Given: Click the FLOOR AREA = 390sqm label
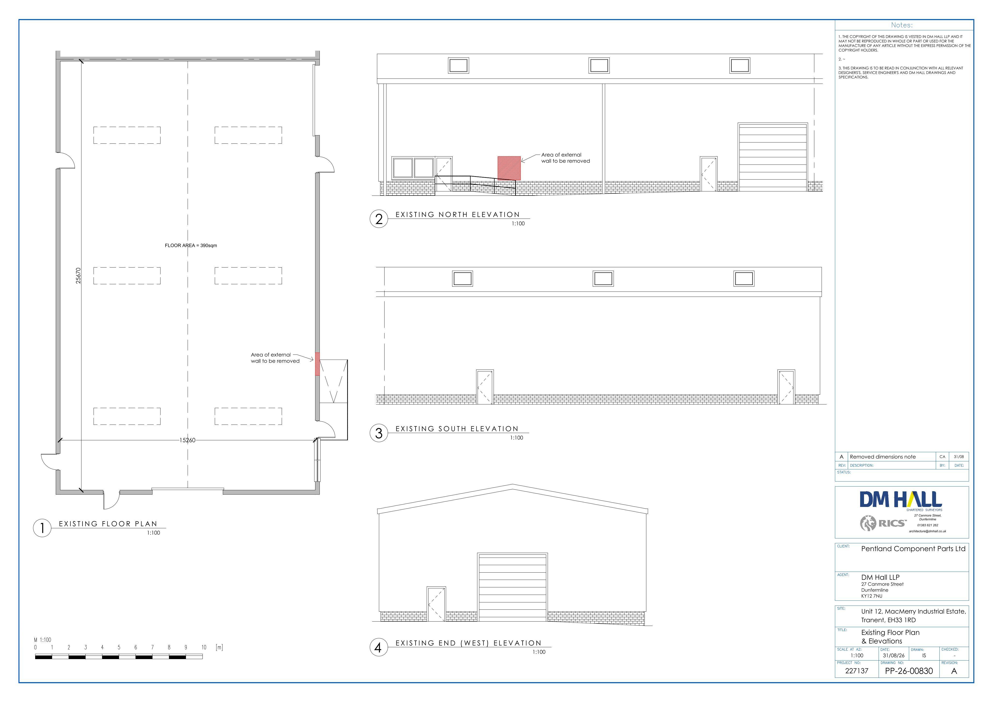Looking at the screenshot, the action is pyautogui.click(x=191, y=245).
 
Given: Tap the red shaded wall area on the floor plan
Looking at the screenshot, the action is pyautogui.click(x=317, y=364).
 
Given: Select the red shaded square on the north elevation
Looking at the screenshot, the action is pyautogui.click(x=509, y=168).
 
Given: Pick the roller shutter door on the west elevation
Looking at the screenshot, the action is pyautogui.click(x=513, y=587).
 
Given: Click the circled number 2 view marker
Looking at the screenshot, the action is pyautogui.click(x=379, y=219).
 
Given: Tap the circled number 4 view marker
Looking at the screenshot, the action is pyautogui.click(x=379, y=647).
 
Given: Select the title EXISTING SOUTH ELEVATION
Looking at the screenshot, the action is pyautogui.click(x=457, y=429).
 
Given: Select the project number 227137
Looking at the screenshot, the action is pyautogui.click(x=857, y=671).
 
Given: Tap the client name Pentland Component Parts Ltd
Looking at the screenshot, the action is pyautogui.click(x=913, y=549).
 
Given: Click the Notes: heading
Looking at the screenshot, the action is pyautogui.click(x=902, y=25).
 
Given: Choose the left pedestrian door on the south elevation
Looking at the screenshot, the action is pyautogui.click(x=485, y=387).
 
